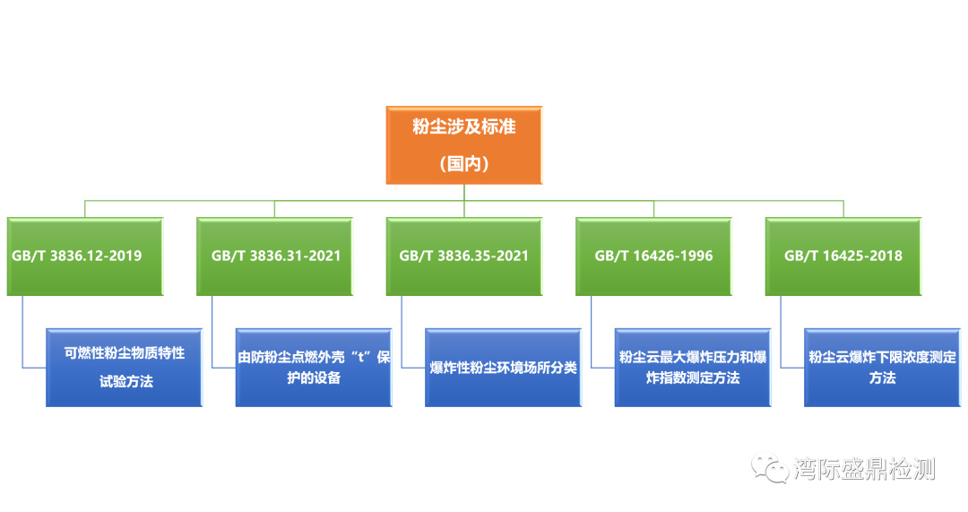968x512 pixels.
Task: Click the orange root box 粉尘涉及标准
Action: [x=463, y=144]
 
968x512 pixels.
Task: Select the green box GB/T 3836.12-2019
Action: [x=85, y=256]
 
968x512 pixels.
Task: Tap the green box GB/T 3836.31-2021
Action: [x=275, y=256]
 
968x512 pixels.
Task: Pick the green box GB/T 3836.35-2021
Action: [x=463, y=256]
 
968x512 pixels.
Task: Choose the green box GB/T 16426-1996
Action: [x=653, y=256]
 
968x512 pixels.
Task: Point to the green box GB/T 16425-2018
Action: [x=843, y=256]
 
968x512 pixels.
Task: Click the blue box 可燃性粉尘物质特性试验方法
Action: [x=125, y=367]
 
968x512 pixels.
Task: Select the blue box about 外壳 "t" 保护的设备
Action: [x=314, y=367]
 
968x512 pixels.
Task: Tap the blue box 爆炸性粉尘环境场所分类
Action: [x=503, y=367]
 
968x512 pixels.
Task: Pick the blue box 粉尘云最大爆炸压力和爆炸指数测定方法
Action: [x=693, y=367]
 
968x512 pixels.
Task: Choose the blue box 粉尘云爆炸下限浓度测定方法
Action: [x=882, y=367]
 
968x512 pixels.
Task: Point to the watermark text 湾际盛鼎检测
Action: [x=863, y=468]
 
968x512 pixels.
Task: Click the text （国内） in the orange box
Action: [x=463, y=164]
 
